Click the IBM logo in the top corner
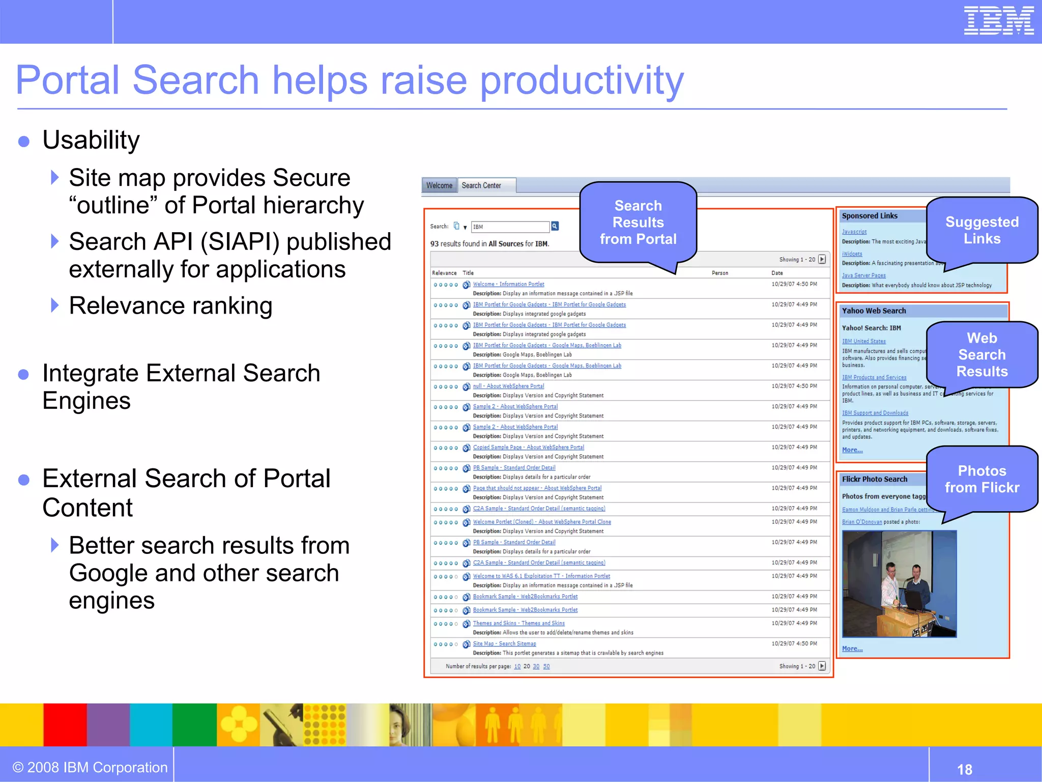point(998,21)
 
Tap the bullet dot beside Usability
point(23,141)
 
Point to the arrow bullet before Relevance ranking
point(55,305)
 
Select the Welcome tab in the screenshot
point(439,186)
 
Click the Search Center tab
point(481,186)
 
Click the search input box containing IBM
point(510,227)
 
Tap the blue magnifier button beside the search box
point(555,226)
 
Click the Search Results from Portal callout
point(638,222)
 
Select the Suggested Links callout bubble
point(981,230)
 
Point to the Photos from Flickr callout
point(981,479)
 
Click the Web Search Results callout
point(981,355)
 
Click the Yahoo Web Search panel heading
point(874,311)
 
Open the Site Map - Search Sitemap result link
point(504,644)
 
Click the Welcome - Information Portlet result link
point(508,284)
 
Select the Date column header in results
point(777,273)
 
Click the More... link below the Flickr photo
point(852,649)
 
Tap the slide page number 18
point(964,769)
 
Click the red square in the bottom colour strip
point(65,724)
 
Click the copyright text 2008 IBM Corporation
point(90,767)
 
